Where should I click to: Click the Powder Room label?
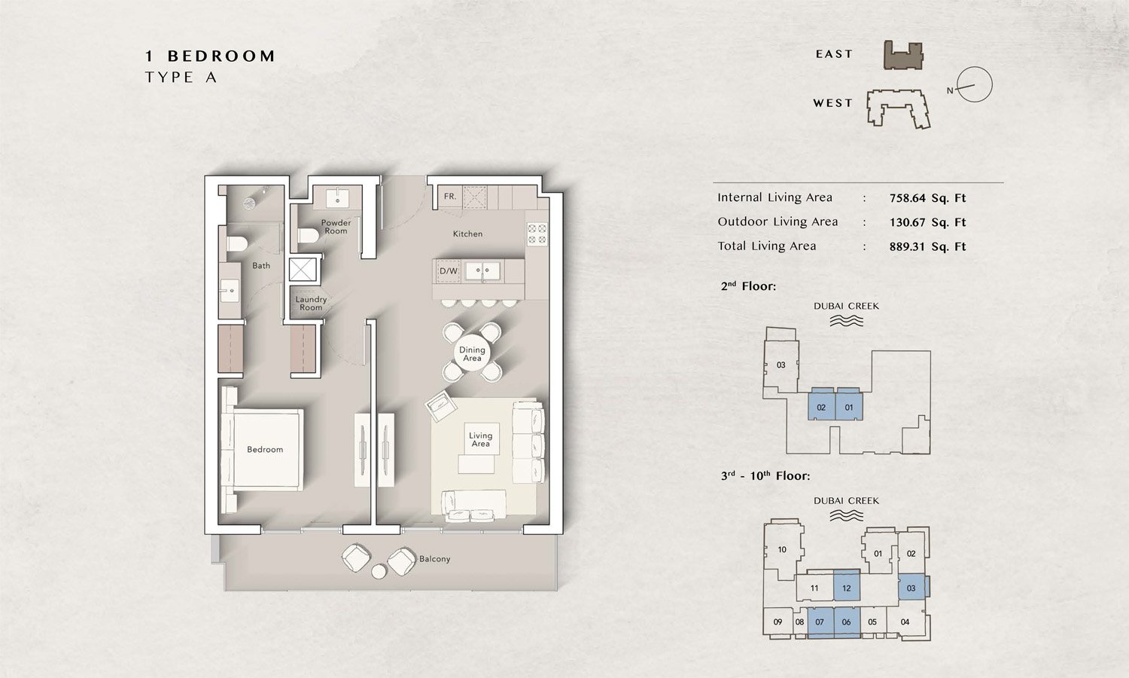(336, 227)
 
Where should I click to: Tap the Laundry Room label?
(311, 304)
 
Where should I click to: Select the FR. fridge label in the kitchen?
(450, 197)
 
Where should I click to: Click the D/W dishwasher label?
(449, 271)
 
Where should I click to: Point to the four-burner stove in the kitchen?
(537, 234)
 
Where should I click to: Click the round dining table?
(472, 353)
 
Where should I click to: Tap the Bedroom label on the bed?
(265, 450)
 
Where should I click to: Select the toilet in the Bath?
(236, 243)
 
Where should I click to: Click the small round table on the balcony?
(379, 572)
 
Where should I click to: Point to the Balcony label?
(434, 559)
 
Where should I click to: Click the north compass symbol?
(974, 84)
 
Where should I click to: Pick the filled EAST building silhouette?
(903, 56)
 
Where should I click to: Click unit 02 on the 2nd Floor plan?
(821, 408)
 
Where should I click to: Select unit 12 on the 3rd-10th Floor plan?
(847, 588)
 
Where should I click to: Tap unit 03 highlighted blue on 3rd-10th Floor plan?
(911, 588)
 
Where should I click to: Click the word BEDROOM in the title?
(221, 56)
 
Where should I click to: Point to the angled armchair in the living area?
(440, 408)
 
